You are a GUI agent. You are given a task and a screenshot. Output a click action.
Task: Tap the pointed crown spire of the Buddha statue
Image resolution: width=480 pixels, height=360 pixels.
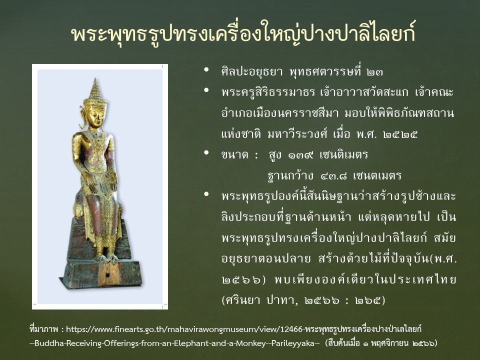pyautogui.click(x=95, y=87)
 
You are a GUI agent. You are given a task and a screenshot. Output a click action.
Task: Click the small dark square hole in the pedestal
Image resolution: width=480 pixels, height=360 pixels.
pyautogui.click(x=108, y=275)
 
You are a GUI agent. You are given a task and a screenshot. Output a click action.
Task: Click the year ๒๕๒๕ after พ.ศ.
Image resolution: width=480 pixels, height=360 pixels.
pyautogui.click(x=400, y=134)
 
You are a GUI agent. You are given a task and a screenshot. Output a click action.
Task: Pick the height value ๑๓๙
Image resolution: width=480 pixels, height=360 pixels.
pyautogui.click(x=300, y=155)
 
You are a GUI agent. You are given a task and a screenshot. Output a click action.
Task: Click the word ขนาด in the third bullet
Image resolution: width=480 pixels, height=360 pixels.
pyautogui.click(x=235, y=155)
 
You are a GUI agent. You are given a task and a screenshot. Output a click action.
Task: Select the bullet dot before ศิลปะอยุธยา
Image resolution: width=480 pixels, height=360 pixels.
pyautogui.click(x=206, y=69)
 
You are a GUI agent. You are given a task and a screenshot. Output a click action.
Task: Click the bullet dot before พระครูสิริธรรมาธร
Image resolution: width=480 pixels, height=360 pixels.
pyautogui.click(x=206, y=90)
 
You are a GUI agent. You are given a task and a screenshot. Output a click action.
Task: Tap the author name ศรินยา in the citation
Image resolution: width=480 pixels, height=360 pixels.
pyautogui.click(x=242, y=300)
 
